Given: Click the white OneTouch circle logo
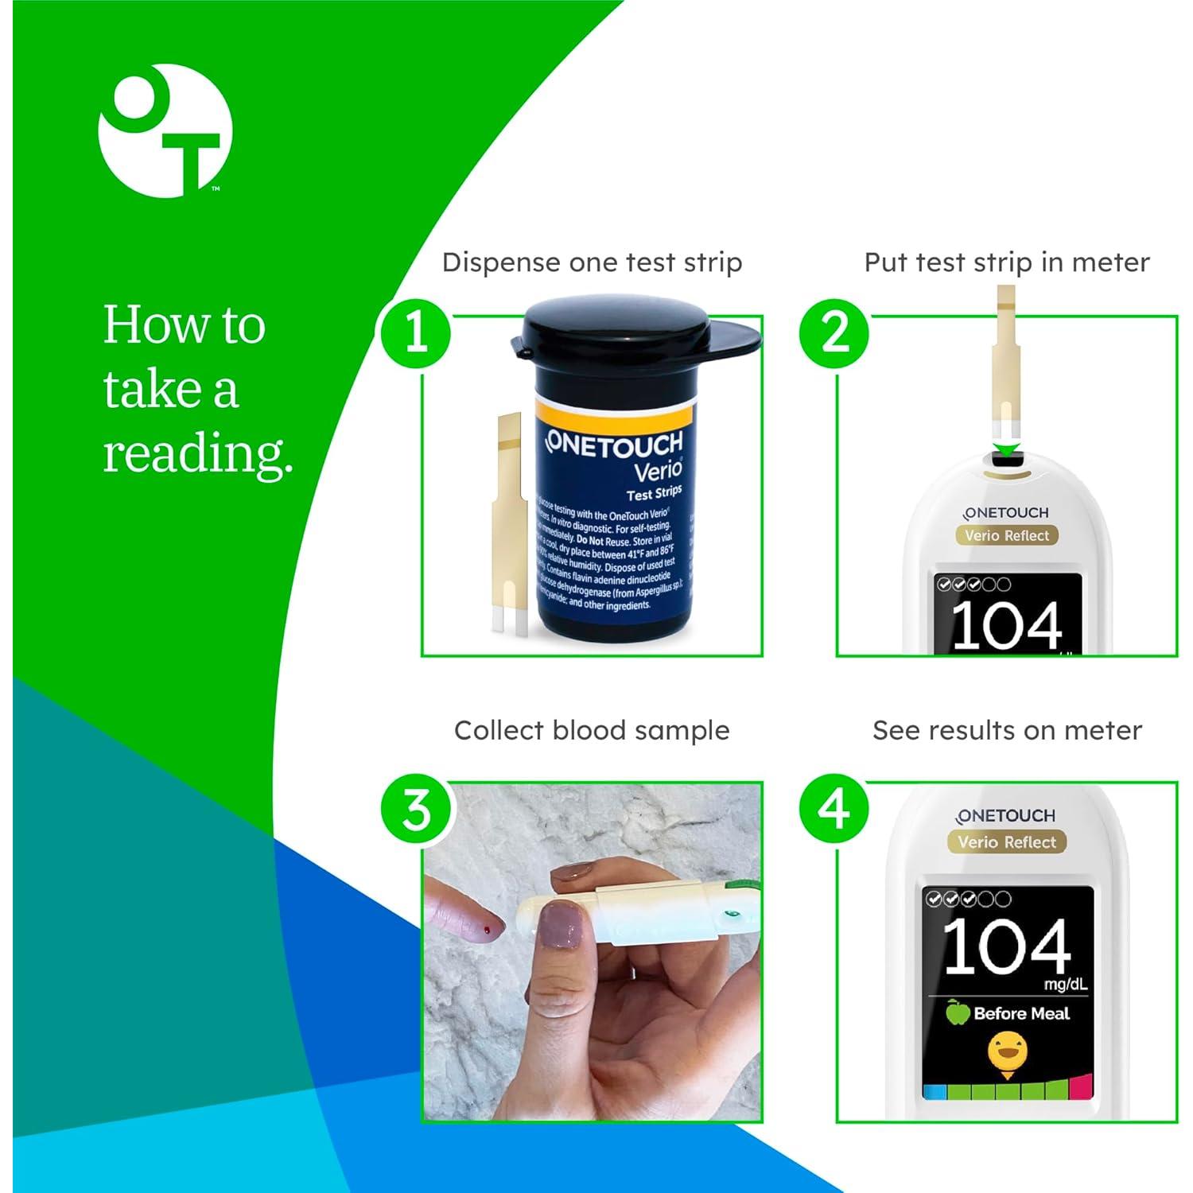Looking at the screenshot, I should [x=165, y=130].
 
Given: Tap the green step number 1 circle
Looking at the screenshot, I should [x=416, y=332].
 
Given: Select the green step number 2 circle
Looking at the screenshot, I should [x=834, y=332].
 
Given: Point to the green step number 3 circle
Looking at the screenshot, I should [x=416, y=810].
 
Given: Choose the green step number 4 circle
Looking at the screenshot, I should [x=834, y=809].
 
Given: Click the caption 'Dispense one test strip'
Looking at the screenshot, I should [x=592, y=262].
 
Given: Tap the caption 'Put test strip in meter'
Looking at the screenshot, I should [x=1006, y=262].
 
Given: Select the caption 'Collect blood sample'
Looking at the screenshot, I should [x=592, y=730].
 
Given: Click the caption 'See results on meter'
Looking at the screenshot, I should [x=1007, y=730].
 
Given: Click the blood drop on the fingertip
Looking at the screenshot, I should [x=488, y=928].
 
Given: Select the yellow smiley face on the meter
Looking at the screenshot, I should [x=1007, y=1053].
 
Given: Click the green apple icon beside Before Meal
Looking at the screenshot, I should [x=958, y=1012].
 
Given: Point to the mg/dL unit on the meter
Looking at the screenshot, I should [x=1066, y=985].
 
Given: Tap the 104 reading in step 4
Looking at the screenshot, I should [x=1006, y=946].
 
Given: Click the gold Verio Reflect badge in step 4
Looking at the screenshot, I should [x=1007, y=841].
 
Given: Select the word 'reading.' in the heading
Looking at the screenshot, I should [x=198, y=453].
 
